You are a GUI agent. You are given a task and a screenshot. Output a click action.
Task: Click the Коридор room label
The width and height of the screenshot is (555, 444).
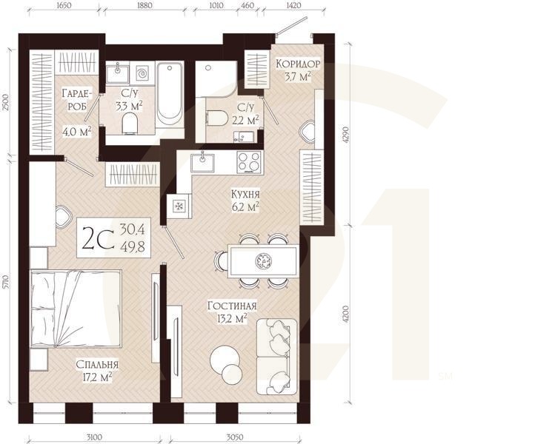pos(298,64)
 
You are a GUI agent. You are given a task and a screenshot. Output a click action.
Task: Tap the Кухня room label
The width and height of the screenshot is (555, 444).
pos(245,194)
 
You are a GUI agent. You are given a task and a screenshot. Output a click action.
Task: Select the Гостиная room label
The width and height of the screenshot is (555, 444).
pos(232,306)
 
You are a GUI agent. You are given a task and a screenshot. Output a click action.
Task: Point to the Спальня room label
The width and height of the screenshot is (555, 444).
pos(97,364)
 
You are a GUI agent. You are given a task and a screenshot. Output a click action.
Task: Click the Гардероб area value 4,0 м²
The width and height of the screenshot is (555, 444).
pos(77,132)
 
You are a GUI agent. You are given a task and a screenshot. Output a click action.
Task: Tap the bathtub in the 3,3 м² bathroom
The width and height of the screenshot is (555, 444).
pos(170,93)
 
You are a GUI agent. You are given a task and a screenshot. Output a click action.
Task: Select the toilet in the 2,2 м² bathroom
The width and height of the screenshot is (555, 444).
pos(216,118)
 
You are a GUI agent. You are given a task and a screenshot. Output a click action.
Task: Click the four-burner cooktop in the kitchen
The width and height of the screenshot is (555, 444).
pos(249,162)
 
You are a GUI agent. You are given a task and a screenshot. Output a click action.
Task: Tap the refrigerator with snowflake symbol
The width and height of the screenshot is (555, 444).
pos(179,206)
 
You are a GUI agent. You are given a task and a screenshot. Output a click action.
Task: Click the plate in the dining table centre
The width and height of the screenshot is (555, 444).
pos(263,261)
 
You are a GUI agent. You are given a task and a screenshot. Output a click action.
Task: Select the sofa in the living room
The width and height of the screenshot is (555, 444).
pos(277,357)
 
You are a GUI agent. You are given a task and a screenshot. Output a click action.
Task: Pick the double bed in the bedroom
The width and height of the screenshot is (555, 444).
pos(76,309)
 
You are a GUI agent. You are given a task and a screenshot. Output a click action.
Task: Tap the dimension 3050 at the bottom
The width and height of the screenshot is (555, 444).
pos(234,437)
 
